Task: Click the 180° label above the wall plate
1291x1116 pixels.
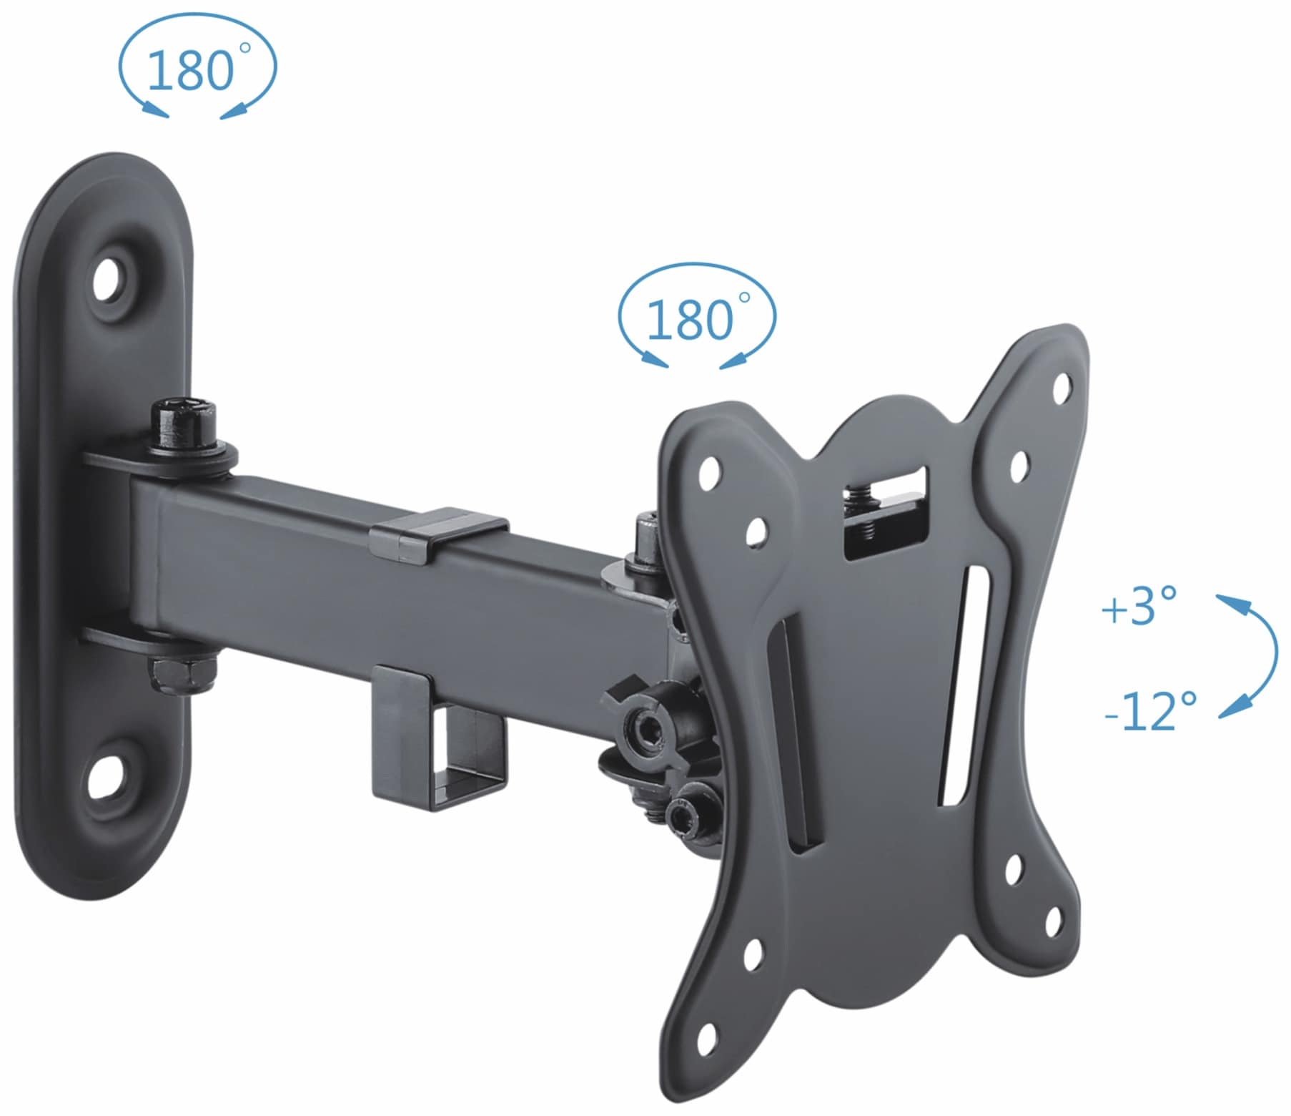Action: (192, 70)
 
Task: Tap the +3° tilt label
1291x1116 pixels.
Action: (1139, 607)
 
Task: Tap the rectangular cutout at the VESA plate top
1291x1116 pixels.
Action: (885, 511)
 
